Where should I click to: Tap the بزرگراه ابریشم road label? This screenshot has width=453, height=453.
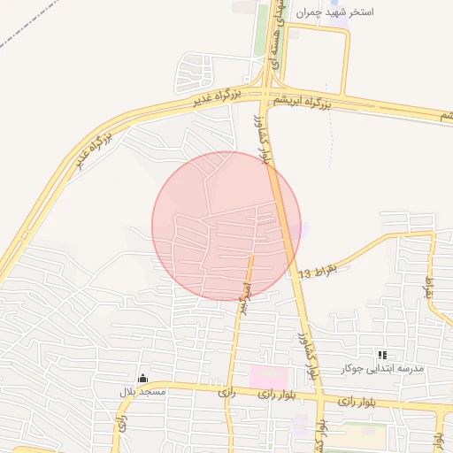(302, 103)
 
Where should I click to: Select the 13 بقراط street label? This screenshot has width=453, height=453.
(319, 272)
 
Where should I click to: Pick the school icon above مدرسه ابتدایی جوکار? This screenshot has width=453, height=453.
(383, 354)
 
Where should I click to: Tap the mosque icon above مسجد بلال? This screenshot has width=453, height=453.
(142, 378)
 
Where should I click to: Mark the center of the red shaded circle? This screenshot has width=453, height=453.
(226, 226)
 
